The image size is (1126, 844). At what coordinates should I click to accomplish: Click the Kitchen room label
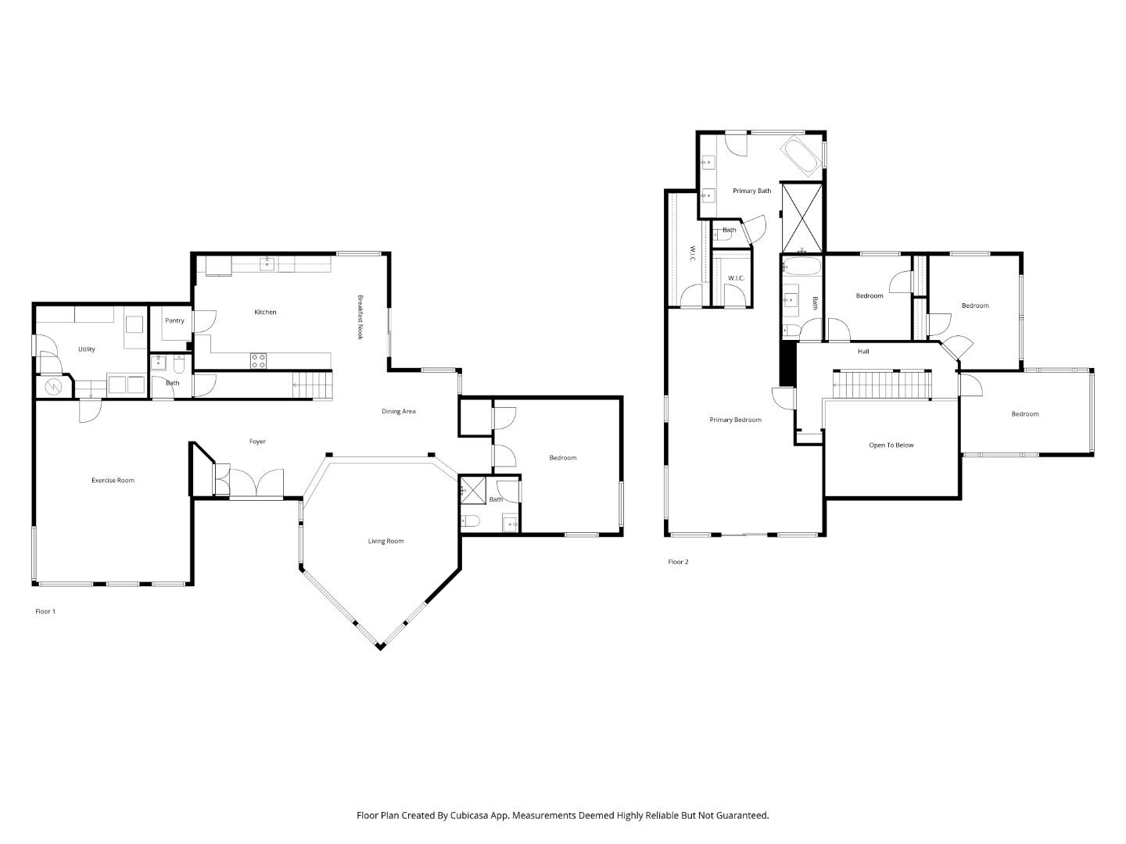pos(265,313)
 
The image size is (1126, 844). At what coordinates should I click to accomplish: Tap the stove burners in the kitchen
pos(258,360)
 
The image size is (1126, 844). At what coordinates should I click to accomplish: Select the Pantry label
pos(174,320)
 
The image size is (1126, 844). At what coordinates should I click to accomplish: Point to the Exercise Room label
pos(113,481)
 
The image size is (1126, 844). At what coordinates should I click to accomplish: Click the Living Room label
pos(385,541)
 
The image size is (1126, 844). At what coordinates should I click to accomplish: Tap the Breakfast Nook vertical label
pos(360,316)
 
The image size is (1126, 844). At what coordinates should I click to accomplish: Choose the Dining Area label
pos(398,411)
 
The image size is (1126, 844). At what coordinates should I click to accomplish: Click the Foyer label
pos(257,442)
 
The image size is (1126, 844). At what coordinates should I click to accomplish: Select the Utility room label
pos(86,349)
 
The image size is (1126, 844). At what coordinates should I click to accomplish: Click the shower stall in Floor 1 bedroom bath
pos(472,489)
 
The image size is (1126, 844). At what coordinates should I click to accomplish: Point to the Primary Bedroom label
pos(735,420)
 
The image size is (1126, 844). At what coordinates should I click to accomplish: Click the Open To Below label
pos(891,445)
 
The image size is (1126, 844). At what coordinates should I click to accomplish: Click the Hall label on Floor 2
pos(863,352)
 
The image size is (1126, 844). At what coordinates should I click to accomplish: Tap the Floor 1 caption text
pos(45,611)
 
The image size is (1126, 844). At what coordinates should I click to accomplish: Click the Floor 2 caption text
pos(678,562)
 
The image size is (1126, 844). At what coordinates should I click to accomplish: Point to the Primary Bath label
pos(751,191)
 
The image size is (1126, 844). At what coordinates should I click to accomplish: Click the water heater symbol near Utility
pos(54,386)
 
